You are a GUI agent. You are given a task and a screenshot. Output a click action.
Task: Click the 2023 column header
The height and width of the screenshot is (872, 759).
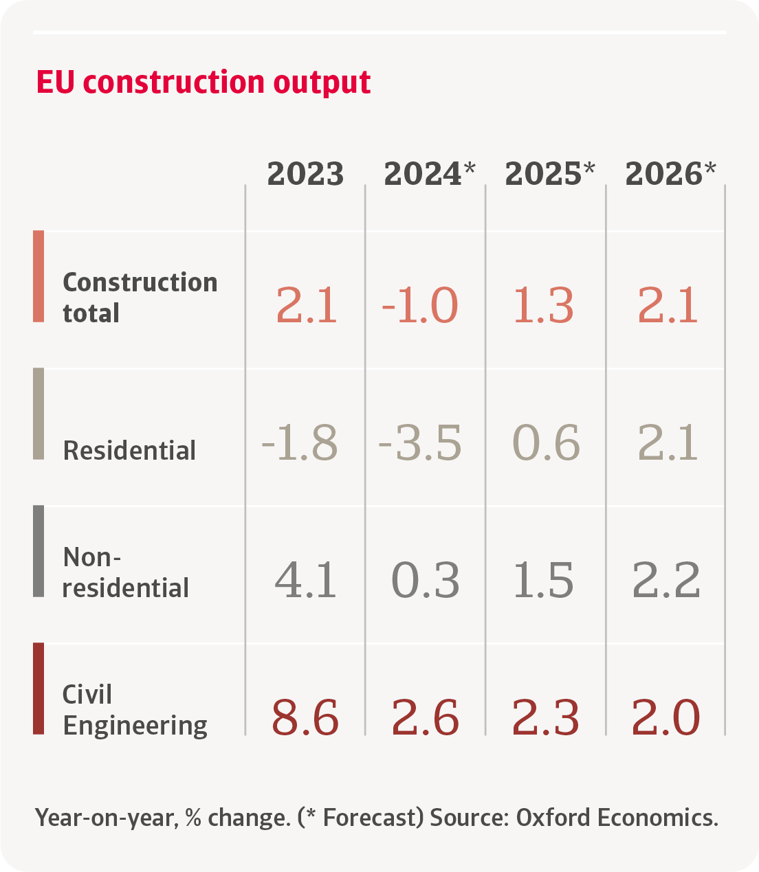tap(305, 174)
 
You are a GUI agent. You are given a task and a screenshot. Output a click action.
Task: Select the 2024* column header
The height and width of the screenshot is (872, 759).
tap(429, 174)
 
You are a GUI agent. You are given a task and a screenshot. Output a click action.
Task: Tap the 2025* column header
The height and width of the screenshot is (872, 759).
tap(549, 174)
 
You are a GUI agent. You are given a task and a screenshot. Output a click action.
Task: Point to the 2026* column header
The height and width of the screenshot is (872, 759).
tap(670, 174)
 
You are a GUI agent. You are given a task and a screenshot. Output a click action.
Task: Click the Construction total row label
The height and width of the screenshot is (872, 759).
tap(140, 297)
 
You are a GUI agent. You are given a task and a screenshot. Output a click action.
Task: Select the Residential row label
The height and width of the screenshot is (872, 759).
tap(129, 451)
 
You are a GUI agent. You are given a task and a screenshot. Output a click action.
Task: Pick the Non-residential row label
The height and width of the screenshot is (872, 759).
tap(125, 572)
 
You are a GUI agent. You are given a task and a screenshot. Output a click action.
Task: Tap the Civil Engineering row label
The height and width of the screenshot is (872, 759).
tap(135, 710)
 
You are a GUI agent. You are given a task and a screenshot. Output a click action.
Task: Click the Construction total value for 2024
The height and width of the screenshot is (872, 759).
tap(419, 305)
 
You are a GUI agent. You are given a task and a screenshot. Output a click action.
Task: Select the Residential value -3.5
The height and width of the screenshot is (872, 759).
tap(419, 443)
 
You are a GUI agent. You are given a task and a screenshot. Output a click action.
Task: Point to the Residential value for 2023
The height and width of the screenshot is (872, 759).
tap(300, 443)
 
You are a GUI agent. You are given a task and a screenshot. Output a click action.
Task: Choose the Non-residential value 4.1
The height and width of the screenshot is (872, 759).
tap(306, 580)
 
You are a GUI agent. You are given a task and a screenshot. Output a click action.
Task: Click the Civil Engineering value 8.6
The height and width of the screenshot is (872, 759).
tap(305, 717)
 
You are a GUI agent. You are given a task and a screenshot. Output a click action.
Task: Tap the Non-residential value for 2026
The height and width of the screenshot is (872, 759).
tap(665, 580)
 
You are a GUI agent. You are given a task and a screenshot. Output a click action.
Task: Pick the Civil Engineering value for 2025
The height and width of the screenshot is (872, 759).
tap(545, 717)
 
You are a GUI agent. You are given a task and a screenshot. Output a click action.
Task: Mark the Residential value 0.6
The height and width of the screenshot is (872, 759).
tap(546, 443)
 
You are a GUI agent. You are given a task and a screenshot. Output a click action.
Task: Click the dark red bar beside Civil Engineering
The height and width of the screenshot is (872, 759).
tap(38, 689)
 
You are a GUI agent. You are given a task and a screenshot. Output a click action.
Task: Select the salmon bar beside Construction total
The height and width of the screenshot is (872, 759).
tap(38, 276)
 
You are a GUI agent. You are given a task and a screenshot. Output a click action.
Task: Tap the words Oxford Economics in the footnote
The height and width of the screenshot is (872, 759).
tap(617, 818)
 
